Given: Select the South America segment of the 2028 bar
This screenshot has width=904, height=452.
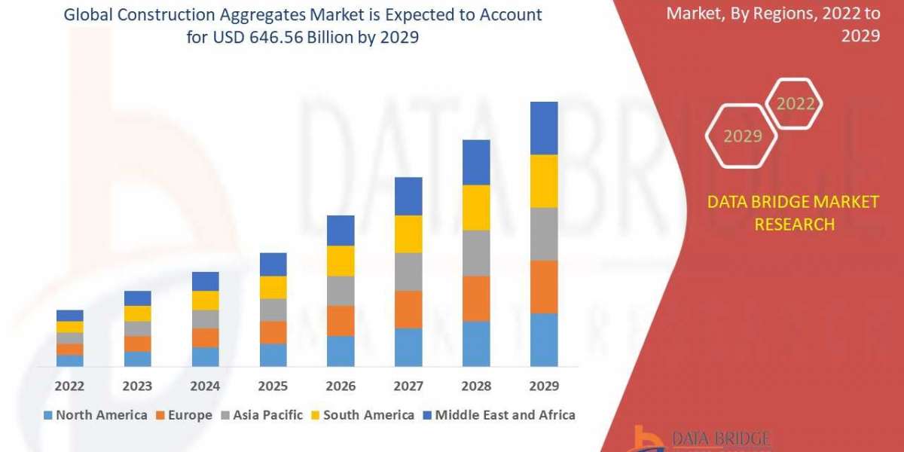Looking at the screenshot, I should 476,207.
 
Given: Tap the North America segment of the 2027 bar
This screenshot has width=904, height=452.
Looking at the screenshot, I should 408,347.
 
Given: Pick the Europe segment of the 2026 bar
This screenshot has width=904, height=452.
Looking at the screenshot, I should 341,321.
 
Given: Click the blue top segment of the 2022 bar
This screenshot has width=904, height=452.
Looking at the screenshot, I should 70,316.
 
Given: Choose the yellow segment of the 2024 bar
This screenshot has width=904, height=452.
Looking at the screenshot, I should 205,301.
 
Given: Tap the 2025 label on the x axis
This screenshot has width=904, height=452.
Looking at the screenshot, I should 273,386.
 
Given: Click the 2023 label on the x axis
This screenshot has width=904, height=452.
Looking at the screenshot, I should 137,386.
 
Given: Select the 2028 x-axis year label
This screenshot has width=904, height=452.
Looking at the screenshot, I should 476,386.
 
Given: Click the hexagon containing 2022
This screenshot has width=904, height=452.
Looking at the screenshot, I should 795,104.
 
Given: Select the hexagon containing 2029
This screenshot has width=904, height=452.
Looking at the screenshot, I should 742,136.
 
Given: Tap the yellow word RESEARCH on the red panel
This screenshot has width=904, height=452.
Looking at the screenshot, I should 794,224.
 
